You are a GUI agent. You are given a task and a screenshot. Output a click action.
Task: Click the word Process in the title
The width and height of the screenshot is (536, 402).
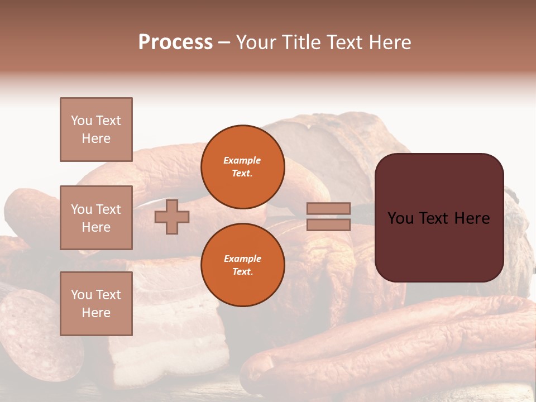(175, 42)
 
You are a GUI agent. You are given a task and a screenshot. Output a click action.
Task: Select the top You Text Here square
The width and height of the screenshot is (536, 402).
(96, 130)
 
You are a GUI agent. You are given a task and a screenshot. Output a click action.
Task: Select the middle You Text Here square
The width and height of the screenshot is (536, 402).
(96, 218)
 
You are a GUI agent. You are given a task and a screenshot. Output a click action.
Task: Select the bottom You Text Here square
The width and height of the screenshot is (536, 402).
(96, 303)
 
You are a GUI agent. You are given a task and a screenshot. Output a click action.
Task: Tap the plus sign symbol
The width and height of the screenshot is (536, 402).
(172, 217)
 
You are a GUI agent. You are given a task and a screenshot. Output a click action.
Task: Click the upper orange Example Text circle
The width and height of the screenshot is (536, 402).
(242, 167)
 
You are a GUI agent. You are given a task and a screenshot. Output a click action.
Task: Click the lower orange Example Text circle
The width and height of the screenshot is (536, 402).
(242, 265)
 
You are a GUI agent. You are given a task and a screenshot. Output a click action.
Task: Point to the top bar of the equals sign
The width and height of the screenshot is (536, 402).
(328, 208)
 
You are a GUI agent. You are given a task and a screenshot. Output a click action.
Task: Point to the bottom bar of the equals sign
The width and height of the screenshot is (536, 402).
(328, 224)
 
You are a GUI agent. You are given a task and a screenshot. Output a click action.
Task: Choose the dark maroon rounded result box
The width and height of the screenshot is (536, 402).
(439, 246)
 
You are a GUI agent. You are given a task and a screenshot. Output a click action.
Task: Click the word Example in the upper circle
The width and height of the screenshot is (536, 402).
(242, 160)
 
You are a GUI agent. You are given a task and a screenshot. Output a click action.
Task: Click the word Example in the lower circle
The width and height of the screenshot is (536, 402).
(242, 259)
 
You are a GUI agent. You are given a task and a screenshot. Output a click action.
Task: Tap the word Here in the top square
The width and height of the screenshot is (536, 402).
(96, 138)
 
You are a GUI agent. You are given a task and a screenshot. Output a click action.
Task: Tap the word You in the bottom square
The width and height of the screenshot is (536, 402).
(82, 295)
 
